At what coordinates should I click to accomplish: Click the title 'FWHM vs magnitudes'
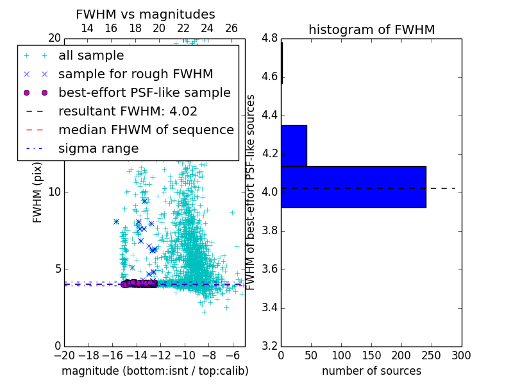click(x=146, y=14)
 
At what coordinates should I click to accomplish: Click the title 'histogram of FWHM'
click(x=371, y=30)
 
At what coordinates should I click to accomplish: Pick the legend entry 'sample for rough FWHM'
click(x=135, y=74)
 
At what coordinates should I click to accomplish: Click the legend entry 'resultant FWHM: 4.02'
click(x=128, y=112)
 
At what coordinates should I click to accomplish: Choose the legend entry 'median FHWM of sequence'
click(x=146, y=130)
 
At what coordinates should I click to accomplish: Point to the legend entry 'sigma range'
click(x=98, y=149)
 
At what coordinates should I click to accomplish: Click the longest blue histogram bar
click(x=353, y=187)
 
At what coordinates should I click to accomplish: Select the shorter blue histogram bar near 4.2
click(x=294, y=146)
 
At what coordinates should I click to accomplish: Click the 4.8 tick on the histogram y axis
click(x=269, y=38)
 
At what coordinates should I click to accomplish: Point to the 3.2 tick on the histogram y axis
click(x=269, y=346)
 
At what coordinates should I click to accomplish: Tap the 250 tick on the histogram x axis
click(x=432, y=355)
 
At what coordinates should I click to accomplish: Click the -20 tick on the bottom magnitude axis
click(x=64, y=355)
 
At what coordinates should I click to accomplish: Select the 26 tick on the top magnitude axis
click(x=231, y=28)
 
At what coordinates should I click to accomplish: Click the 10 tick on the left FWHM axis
click(x=55, y=193)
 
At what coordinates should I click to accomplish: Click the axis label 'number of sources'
click(x=371, y=371)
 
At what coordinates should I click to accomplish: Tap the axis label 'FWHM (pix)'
click(x=37, y=193)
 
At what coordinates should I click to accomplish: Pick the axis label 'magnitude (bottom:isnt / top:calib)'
click(x=155, y=371)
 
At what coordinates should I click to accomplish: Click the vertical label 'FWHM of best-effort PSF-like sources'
click(x=251, y=192)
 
